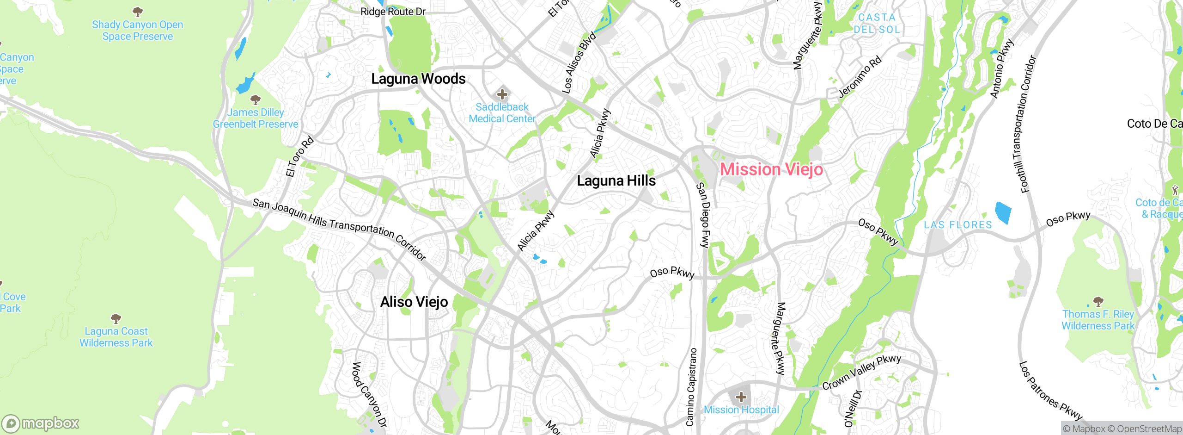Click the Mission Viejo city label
[x=771, y=169]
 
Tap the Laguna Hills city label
[x=616, y=180]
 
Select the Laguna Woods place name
[x=418, y=79]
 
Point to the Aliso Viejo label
[x=414, y=302]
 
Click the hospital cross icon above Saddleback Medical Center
[x=502, y=95]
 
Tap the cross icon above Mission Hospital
[x=741, y=397]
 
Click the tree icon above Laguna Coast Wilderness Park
[x=116, y=318]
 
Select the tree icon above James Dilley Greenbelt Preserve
[x=255, y=99]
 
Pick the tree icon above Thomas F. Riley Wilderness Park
[x=1098, y=302]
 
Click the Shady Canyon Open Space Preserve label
[x=137, y=31]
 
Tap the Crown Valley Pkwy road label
[x=861, y=372]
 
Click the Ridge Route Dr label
[x=393, y=12]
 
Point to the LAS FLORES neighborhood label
[x=958, y=225]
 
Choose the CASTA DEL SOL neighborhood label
[x=877, y=23]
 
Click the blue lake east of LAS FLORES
[x=1003, y=213]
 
